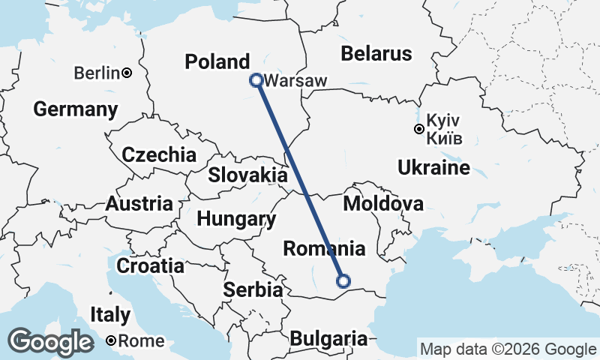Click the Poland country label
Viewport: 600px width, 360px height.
tap(217, 61)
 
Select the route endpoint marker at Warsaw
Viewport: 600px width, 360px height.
tap(256, 79)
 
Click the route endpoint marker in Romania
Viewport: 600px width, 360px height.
tap(343, 281)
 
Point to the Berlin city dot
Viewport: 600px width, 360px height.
tap(127, 73)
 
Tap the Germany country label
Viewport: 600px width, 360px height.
tap(76, 109)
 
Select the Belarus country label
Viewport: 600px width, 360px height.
tap(376, 53)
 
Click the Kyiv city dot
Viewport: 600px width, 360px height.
tap(419, 129)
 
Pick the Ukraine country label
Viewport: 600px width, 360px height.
tap(434, 166)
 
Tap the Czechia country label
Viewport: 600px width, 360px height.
tap(159, 155)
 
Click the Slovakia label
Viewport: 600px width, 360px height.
tap(247, 175)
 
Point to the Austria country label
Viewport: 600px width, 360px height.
tap(139, 203)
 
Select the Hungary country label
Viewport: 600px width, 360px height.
tap(235, 220)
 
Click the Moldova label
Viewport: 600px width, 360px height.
tap(383, 203)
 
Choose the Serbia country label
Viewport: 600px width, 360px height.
tap(254, 289)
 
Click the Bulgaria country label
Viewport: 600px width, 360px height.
tap(329, 338)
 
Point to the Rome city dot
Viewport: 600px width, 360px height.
tap(111, 340)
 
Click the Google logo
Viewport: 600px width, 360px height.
tap(52, 342)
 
